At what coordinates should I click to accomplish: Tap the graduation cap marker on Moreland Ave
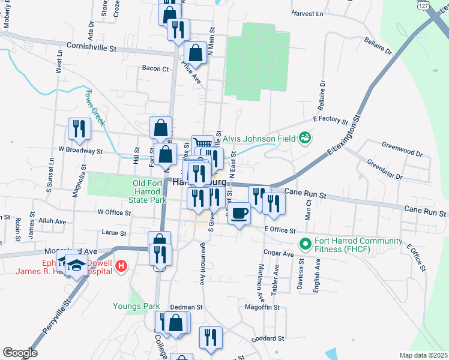click(76, 265)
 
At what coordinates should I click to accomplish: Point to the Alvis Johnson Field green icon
click(306, 139)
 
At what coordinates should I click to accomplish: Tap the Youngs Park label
click(136, 306)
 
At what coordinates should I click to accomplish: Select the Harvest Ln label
click(307, 13)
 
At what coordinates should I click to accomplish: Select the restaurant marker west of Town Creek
click(79, 128)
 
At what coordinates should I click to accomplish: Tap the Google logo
click(20, 353)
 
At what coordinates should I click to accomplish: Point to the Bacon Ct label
click(155, 69)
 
